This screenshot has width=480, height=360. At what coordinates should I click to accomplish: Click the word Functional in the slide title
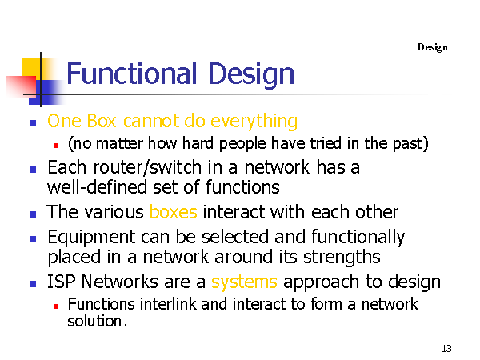point(132,74)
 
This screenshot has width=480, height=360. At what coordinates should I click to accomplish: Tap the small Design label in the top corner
point(433,47)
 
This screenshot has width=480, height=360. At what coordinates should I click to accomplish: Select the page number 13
point(446,348)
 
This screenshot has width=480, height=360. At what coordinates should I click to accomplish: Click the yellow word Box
point(102,121)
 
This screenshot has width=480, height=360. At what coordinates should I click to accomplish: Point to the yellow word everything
point(254,122)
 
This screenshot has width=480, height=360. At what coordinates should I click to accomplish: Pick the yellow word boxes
point(174,212)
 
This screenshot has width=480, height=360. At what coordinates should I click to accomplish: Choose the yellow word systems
point(244,282)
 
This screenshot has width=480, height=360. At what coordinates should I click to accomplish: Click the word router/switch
point(147,168)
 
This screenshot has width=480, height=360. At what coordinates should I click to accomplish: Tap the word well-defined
point(97,187)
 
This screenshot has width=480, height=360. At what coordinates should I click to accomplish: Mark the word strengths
point(342,258)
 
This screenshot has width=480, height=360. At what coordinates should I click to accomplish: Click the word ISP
point(62,282)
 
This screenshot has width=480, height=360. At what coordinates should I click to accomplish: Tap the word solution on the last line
point(94,321)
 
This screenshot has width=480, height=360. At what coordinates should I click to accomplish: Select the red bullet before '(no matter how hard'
point(56,146)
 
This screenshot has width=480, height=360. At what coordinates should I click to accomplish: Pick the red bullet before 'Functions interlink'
point(56,306)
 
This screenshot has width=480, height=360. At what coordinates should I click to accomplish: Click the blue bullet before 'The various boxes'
point(33,214)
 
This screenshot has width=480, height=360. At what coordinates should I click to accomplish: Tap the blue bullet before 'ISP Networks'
point(33,284)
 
